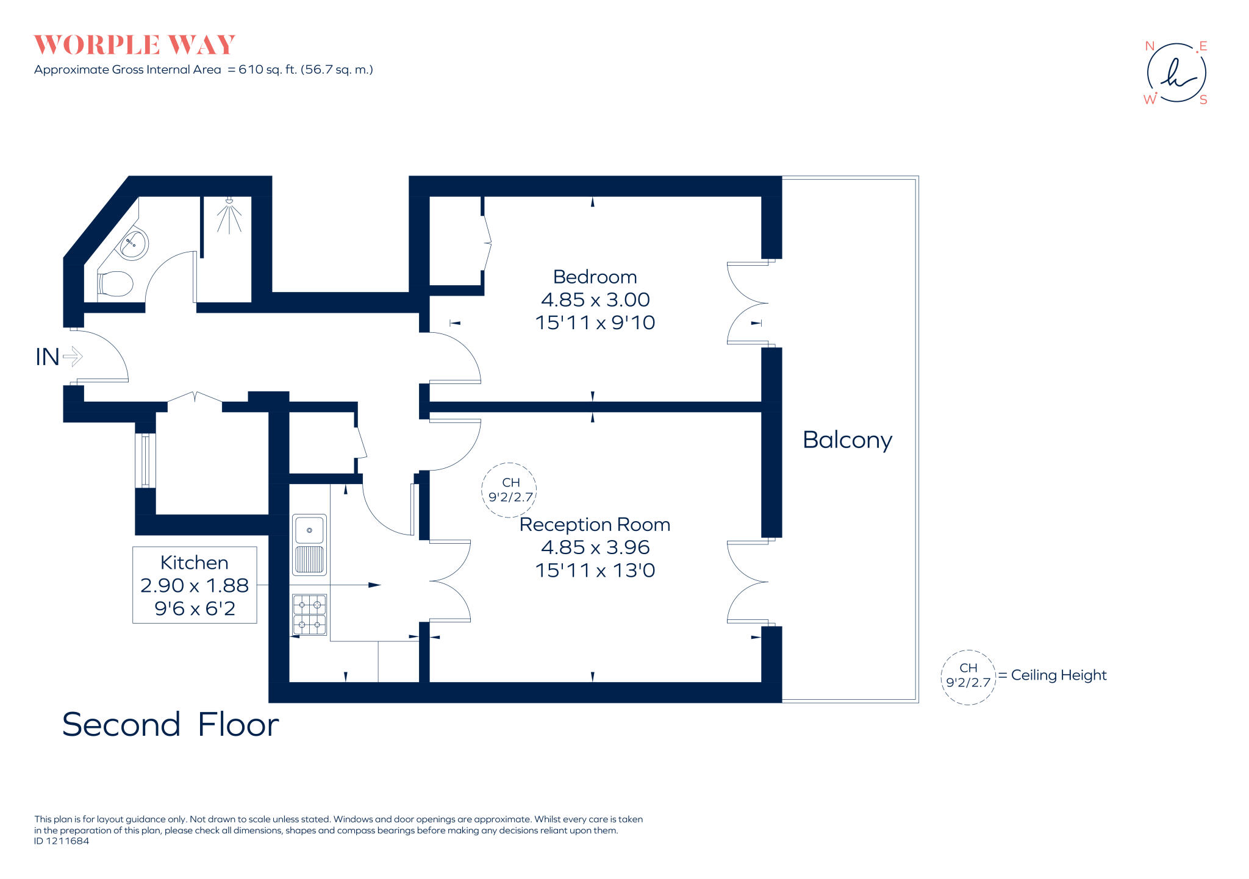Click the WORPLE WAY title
pos(134,45)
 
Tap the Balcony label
pos(847,439)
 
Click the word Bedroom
pos(595,277)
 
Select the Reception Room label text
pos(595,524)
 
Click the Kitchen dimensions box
pos(195,585)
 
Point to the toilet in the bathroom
pos(115,284)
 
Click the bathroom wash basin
pos(132,243)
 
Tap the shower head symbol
pos(229,201)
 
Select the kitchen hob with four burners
pos(310,614)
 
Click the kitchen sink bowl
pos(310,530)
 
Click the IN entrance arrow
pos(73,357)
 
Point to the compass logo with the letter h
pos(1176,73)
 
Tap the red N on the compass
pos(1150,46)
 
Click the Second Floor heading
pos(170,724)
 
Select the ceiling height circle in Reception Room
pos(510,490)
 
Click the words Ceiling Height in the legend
pos(1058,675)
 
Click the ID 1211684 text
pos(62,841)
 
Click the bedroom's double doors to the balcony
pos(747,303)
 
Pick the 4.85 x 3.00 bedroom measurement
pos(595,300)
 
